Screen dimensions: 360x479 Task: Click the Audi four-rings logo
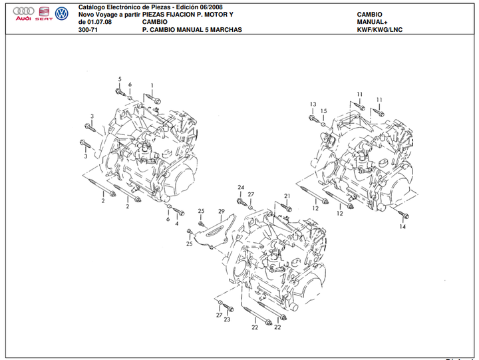point(24,13)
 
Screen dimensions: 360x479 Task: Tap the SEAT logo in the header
point(44,13)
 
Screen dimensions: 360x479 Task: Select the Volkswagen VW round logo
point(62,13)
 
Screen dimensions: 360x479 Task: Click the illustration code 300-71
point(86,30)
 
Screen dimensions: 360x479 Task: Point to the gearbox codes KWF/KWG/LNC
point(380,30)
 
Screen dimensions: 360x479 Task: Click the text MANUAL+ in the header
point(373,22)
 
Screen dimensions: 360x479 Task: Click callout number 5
point(120,80)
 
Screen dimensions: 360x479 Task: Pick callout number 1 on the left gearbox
point(152,85)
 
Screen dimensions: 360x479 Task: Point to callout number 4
point(177,224)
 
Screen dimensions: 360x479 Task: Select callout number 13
point(312,105)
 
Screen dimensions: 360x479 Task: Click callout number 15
point(324,111)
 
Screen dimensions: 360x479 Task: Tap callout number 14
point(402,227)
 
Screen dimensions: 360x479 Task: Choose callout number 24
point(241,187)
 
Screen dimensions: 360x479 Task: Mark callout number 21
point(288,196)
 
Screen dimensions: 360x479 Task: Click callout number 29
point(222,211)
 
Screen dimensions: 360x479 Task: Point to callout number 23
point(227,320)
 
